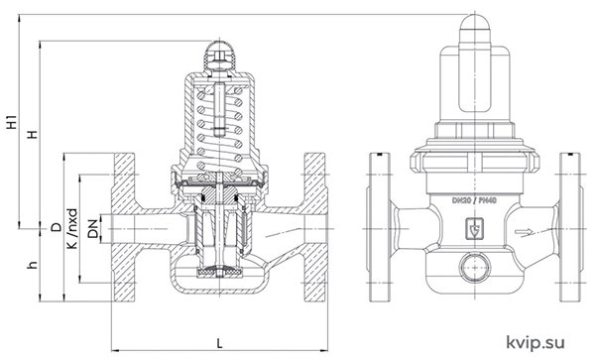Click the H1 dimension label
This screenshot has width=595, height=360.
click(13, 121)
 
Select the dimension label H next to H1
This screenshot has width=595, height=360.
click(34, 134)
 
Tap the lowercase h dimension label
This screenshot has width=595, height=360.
click(34, 265)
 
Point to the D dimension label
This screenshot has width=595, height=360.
click(57, 227)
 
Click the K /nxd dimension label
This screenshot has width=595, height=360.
click(72, 228)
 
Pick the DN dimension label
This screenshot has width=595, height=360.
click(92, 229)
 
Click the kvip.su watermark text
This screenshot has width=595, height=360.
click(535, 342)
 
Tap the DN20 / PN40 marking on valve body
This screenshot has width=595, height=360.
click(474, 200)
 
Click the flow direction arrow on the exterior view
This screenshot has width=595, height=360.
click(525, 232)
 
